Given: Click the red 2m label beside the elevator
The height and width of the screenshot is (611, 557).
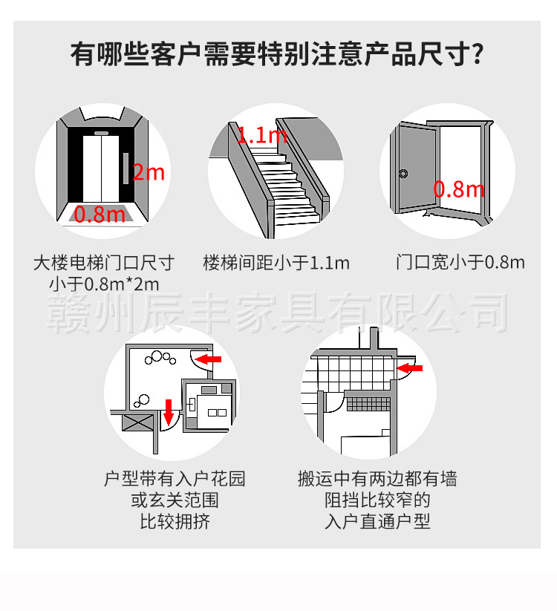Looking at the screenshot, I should click(149, 173).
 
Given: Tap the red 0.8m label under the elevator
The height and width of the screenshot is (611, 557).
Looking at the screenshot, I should click(100, 215).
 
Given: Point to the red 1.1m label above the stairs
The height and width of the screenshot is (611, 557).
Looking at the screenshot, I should click(261, 135).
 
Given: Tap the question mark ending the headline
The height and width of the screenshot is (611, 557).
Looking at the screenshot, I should click(478, 54).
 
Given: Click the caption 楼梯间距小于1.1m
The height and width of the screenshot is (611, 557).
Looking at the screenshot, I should click(276, 263).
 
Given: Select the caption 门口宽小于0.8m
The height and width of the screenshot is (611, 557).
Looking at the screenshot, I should click(460, 262).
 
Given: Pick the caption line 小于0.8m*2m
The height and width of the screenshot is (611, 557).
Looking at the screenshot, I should click(104, 284).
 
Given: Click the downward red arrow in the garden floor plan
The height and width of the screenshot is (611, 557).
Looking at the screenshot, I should click(169, 409).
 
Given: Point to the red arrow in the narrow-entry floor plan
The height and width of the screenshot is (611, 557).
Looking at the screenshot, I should click(410, 367).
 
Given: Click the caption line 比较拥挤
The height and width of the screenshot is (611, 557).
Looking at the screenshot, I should click(175, 521).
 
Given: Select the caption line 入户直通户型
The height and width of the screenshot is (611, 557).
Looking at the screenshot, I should click(377, 521).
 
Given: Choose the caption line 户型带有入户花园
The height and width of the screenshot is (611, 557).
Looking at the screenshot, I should click(175, 479).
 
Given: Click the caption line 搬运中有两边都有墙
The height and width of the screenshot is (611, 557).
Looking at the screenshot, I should click(377, 479).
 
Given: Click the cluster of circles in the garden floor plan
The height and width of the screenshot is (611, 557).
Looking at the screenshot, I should click(160, 358).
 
